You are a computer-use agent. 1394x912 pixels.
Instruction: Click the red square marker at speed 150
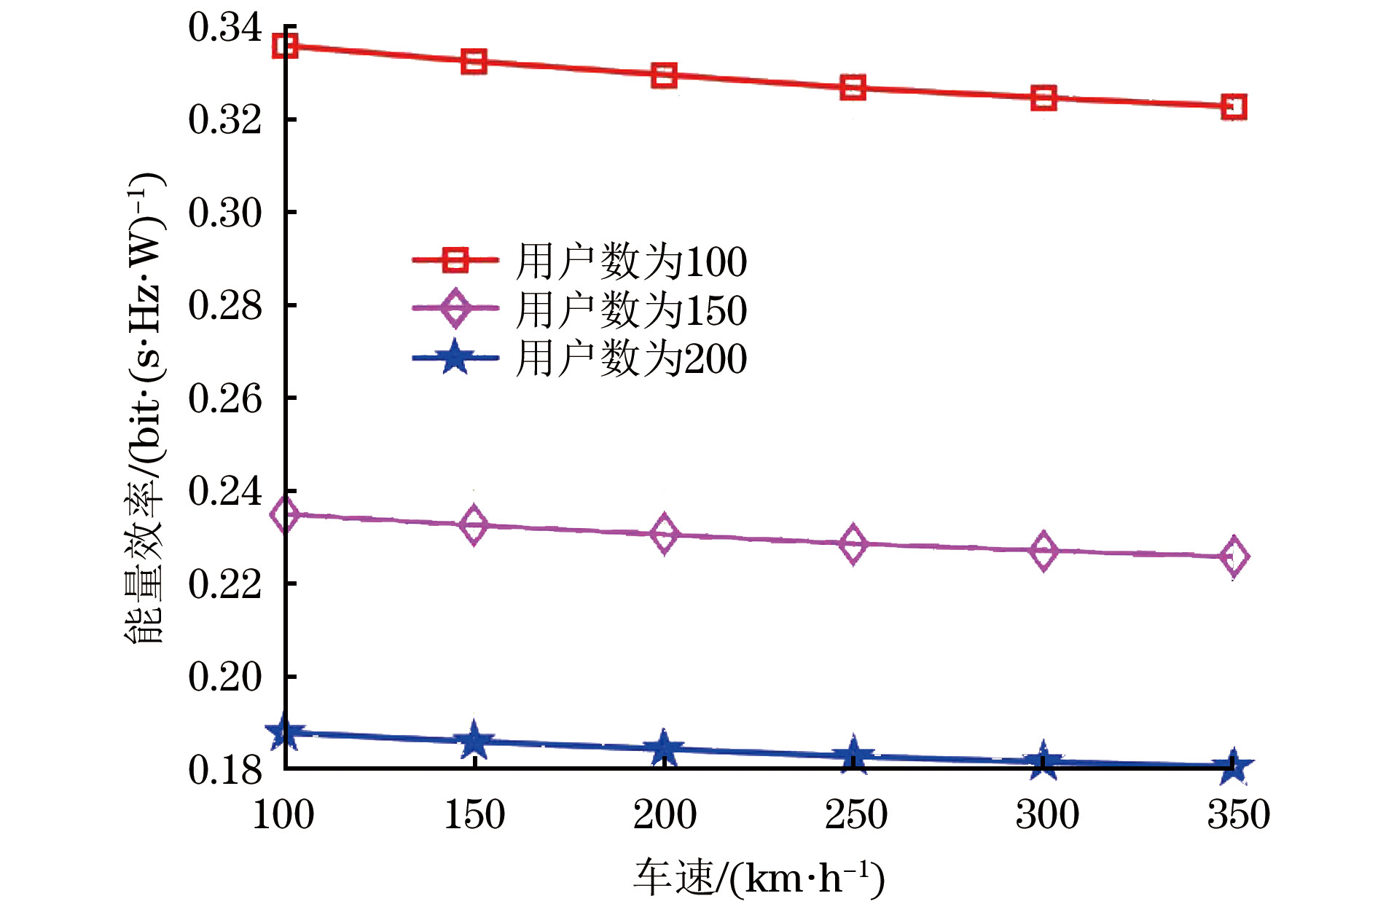click(x=474, y=62)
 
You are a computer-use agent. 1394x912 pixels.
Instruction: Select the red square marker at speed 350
click(x=1234, y=107)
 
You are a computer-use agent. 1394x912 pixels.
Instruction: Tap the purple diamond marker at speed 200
click(x=664, y=534)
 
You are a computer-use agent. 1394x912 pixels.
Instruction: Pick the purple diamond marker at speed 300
click(x=1043, y=551)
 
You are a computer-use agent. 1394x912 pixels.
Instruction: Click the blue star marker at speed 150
click(x=474, y=741)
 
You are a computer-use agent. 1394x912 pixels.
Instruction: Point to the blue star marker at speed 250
click(x=853, y=756)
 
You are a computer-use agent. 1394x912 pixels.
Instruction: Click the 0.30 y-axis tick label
click(x=224, y=213)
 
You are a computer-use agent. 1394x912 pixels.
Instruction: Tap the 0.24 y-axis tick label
click(x=224, y=491)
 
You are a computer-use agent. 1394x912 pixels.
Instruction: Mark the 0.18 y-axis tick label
click(x=224, y=770)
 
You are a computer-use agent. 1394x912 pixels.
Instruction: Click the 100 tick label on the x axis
click(x=283, y=814)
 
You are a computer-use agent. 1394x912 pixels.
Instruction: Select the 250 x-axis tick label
click(x=855, y=814)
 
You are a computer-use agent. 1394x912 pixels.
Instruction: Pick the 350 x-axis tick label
click(x=1238, y=814)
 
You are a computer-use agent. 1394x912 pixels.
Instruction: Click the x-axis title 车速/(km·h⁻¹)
click(x=759, y=878)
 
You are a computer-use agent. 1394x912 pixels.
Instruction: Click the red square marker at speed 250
click(x=853, y=88)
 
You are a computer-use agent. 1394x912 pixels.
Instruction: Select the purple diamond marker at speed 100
click(x=284, y=514)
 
